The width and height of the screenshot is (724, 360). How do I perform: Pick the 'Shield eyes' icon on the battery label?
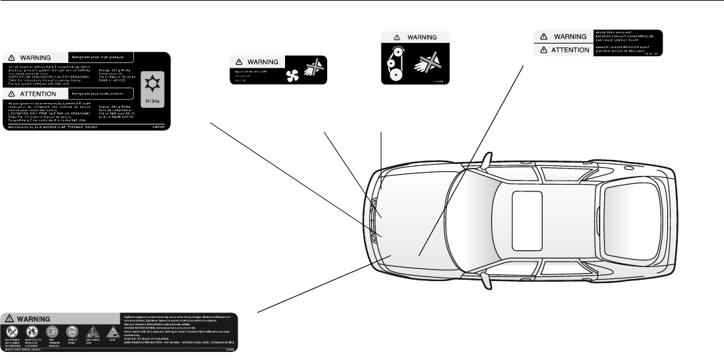point(72,332)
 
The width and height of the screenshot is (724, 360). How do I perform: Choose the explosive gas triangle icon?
point(92,332)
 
